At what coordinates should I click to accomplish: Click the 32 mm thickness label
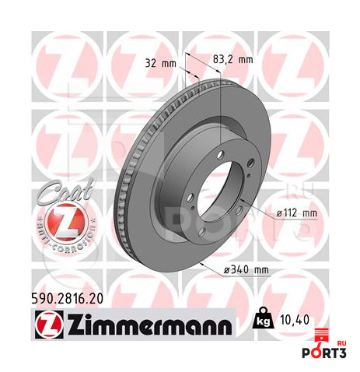pyautogui.click(x=160, y=63)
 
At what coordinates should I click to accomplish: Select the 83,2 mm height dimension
pyautogui.click(x=232, y=60)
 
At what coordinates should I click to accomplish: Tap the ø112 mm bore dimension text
pyautogui.click(x=296, y=213)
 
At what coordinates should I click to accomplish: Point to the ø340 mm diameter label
pyautogui.click(x=246, y=270)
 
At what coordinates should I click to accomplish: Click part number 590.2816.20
pyautogui.click(x=67, y=299)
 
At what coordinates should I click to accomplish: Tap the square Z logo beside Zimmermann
pyautogui.click(x=49, y=325)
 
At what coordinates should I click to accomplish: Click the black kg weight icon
pyautogui.click(x=264, y=318)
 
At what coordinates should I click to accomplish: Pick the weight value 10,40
pyautogui.click(x=295, y=320)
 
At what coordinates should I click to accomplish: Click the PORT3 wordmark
pyautogui.click(x=324, y=353)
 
